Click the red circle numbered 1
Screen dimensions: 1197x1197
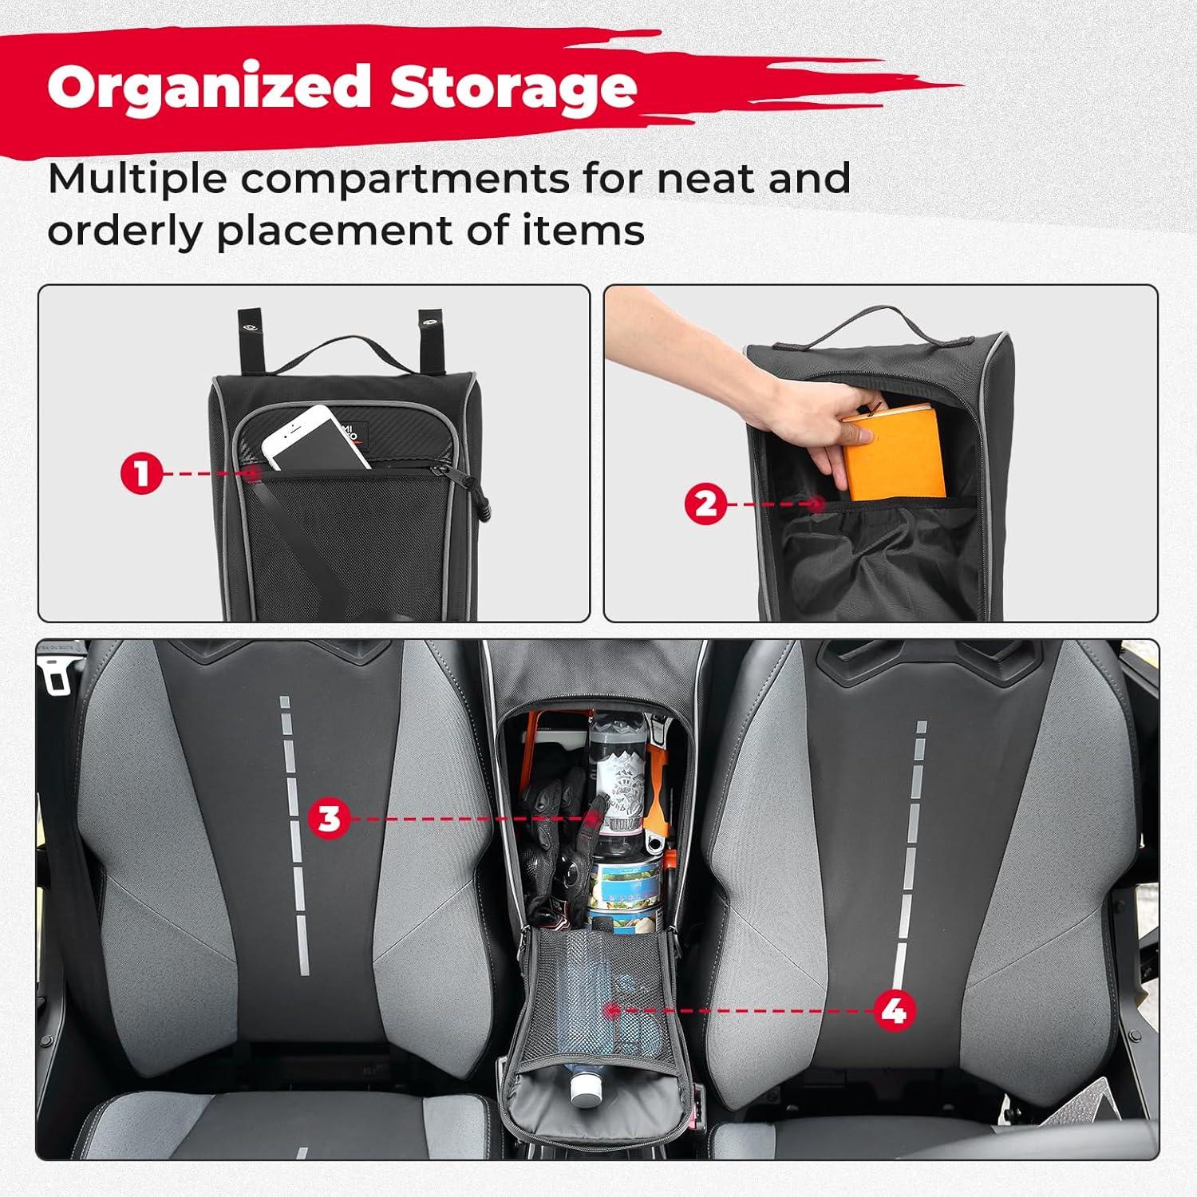(x=141, y=474)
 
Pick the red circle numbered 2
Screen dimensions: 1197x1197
(x=706, y=504)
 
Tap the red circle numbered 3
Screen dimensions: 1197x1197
(x=329, y=818)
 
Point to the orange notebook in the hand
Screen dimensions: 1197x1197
(x=895, y=456)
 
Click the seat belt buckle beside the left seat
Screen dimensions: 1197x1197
(x=58, y=676)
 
